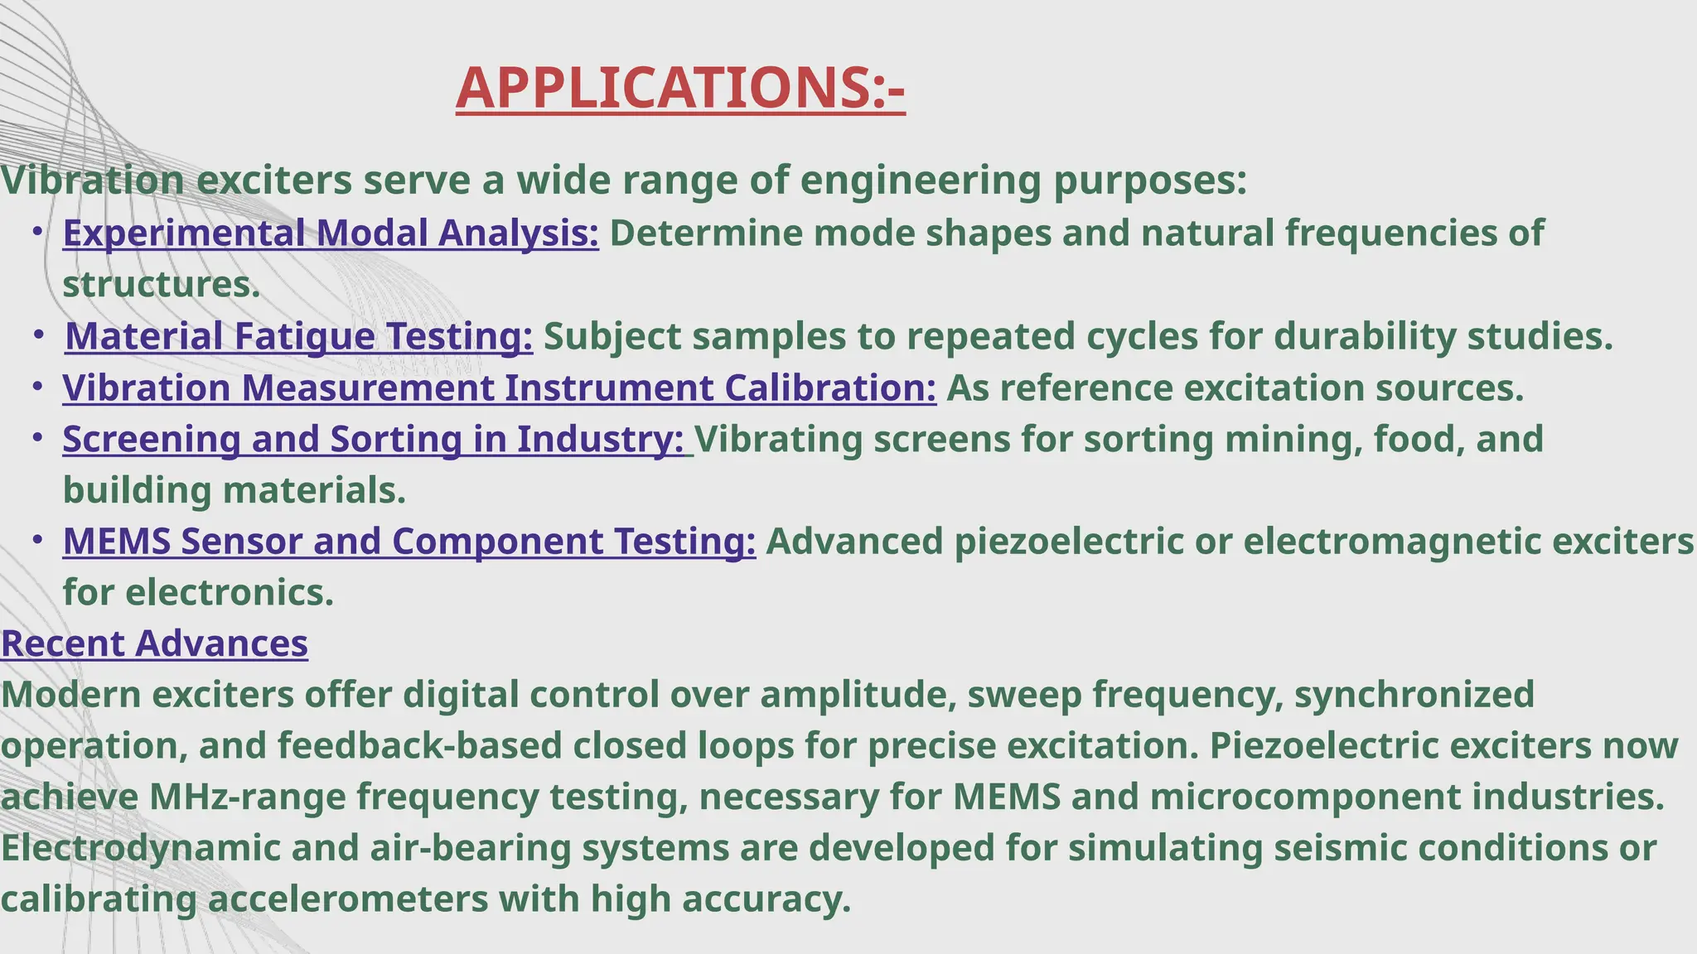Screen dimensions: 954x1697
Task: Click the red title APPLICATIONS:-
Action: (x=680, y=88)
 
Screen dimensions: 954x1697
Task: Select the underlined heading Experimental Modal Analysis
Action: (x=331, y=234)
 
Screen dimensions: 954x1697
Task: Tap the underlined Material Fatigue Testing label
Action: (x=298, y=337)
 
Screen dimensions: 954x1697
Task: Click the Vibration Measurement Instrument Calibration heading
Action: (x=499, y=388)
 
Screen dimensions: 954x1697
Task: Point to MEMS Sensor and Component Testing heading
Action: (x=409, y=542)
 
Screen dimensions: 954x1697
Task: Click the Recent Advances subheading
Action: (x=154, y=643)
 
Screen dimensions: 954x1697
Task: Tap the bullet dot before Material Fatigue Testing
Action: (x=39, y=335)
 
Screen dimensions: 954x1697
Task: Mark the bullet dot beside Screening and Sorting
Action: (x=37, y=437)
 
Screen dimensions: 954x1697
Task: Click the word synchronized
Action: (x=1414, y=695)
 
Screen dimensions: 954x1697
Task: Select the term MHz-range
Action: (x=248, y=797)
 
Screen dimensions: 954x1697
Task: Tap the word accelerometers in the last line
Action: (x=347, y=900)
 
